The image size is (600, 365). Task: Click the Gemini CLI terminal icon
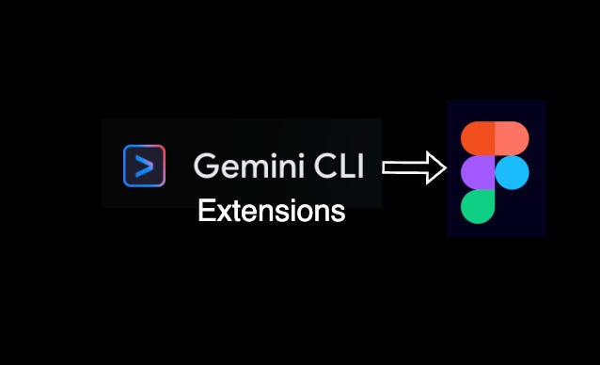[x=144, y=166]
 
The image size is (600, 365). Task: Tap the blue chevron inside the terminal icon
[x=144, y=167]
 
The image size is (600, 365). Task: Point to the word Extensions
[x=271, y=211]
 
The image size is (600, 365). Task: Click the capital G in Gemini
[x=204, y=166]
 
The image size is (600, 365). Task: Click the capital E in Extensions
[x=205, y=211]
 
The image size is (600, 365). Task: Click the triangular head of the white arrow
[x=435, y=168]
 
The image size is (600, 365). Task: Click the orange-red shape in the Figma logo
[x=479, y=137]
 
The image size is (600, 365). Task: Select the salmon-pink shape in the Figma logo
[x=512, y=137]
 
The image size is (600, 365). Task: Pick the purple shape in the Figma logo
[x=478, y=172]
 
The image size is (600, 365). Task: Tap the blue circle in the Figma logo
[x=513, y=172]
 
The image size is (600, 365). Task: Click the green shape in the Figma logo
[x=478, y=206]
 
